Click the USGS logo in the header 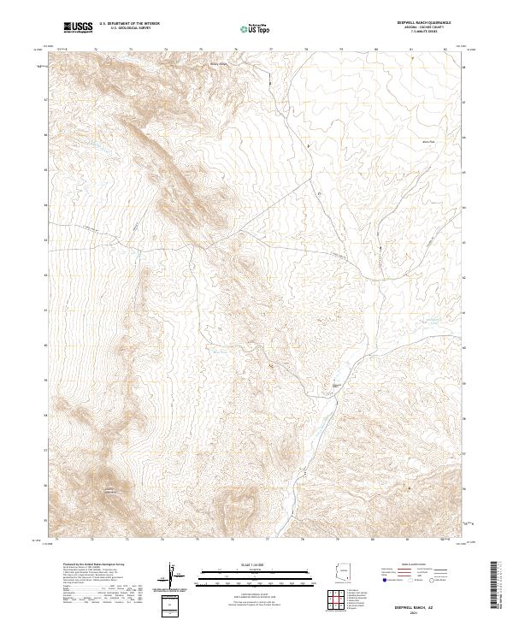click(79, 28)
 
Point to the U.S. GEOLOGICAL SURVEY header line click(129, 29)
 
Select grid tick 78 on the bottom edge click(306, 540)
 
